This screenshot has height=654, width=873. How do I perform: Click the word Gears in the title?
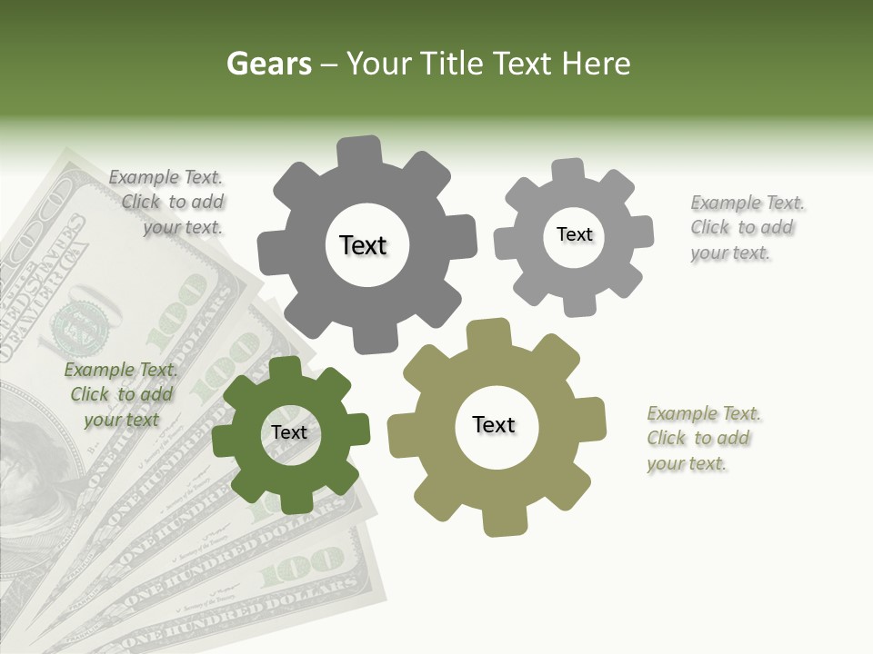coord(268,64)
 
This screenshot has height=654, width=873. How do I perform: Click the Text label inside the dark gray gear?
coord(363,245)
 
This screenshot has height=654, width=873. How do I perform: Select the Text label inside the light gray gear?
coord(574,234)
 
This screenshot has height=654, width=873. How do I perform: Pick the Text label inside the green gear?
coord(289,432)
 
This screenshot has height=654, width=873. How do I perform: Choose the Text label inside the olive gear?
coord(494,424)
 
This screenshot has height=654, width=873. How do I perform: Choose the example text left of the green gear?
coord(120,394)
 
